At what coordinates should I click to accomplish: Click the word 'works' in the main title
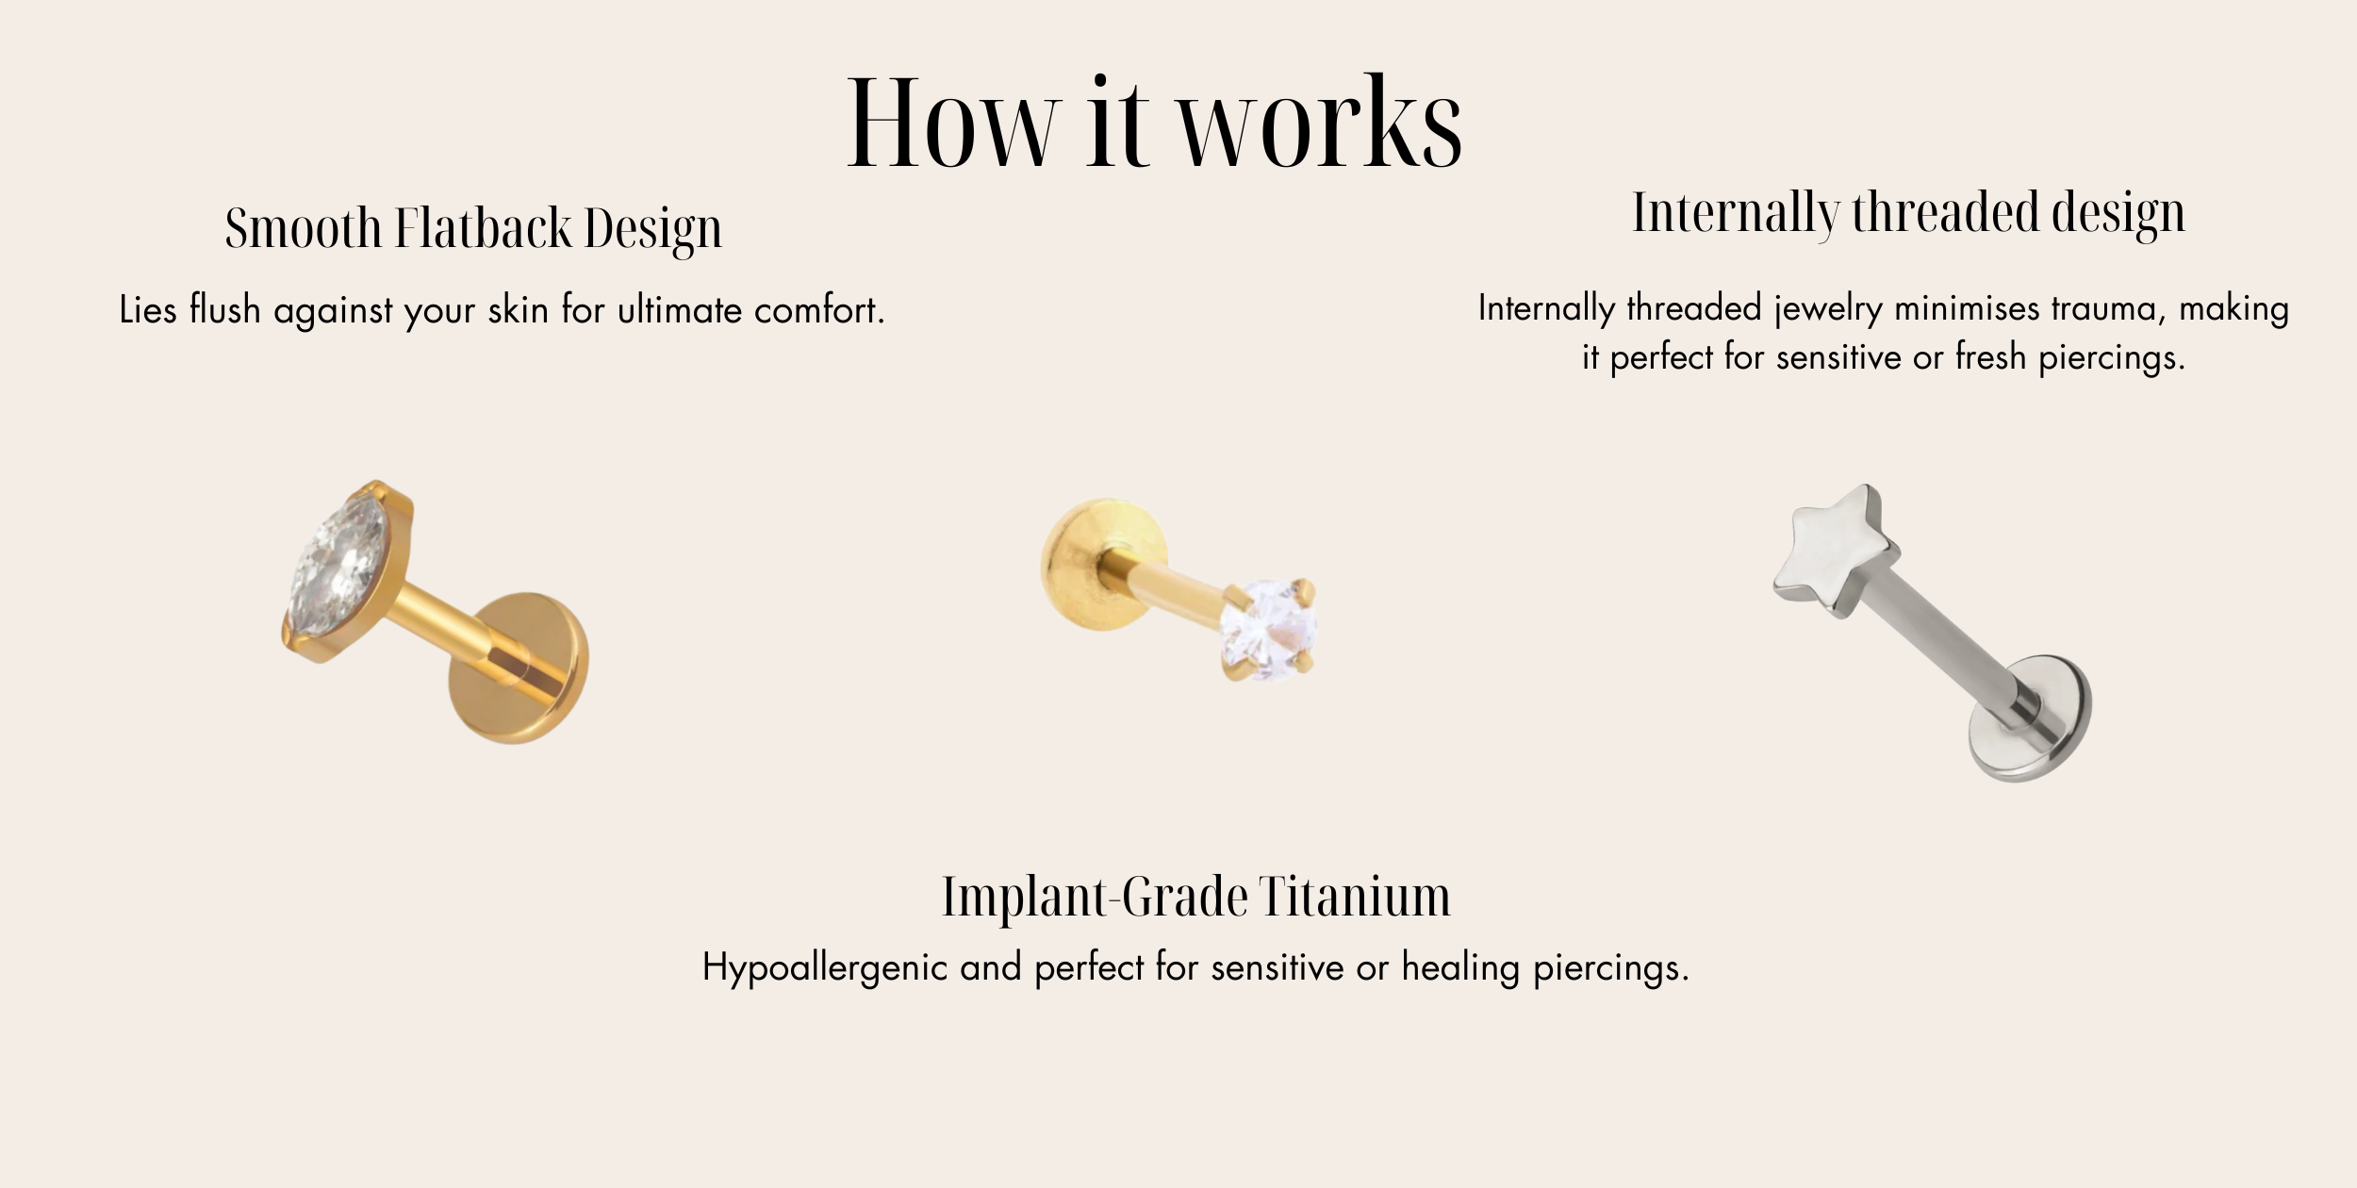click(1321, 124)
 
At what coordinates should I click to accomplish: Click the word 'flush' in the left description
click(224, 309)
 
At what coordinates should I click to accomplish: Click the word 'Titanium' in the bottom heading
click(1356, 897)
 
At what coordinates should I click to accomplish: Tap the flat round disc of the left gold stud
click(518, 668)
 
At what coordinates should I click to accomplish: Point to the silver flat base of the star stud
click(2030, 718)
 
